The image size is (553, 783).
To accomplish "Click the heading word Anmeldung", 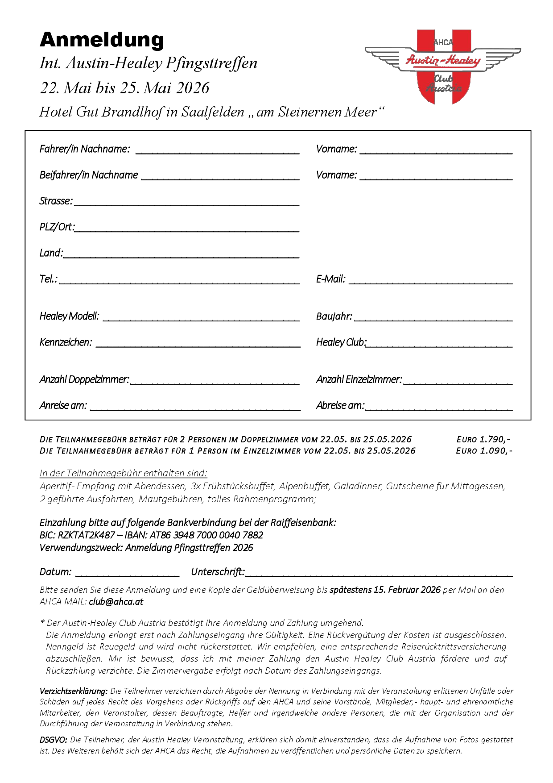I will coord(102,40).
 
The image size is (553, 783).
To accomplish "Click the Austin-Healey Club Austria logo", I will coord(443,67).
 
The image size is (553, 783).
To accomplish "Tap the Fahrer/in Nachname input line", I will coord(217,150).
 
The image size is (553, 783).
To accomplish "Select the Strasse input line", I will coord(186,203).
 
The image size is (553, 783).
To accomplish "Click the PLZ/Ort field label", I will coord(57,227).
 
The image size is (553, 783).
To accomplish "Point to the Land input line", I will coord(181,254).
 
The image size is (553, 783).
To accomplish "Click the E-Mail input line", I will coord(430,281).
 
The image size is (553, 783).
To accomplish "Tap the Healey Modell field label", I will coord(69,317).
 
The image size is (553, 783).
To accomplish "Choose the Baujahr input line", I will coord(433,318).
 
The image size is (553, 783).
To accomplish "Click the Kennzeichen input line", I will coord(198,344).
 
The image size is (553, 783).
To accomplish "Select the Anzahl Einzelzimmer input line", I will coord(458,381).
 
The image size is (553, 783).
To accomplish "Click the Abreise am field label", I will coord(340,406).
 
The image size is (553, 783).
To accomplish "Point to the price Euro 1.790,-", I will coord(483,440).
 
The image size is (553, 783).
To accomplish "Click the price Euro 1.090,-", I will coord(484,451).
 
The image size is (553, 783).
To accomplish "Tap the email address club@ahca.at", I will coord(116,602).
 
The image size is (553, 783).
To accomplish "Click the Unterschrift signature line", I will coord(379,574).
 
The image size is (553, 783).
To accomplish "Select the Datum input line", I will coord(128,574).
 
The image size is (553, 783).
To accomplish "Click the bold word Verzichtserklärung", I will coord(74,691).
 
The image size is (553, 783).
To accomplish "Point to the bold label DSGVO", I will coord(54,740).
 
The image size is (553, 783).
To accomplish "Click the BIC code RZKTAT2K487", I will coord(87,535).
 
